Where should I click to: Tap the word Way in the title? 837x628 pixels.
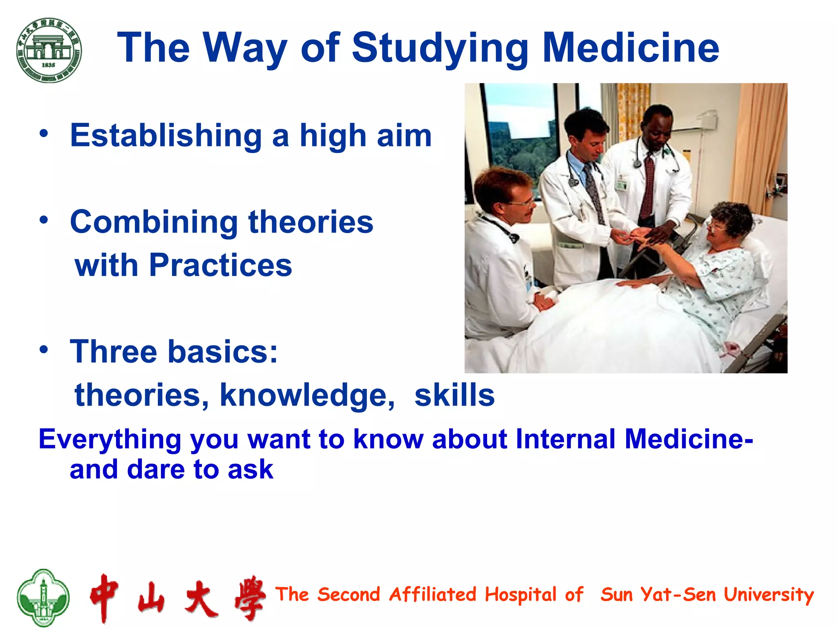click(x=245, y=48)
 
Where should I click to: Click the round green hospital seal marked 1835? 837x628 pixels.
click(x=49, y=50)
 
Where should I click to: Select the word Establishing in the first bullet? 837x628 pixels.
click(x=166, y=136)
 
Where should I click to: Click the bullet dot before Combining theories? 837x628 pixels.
click(x=44, y=220)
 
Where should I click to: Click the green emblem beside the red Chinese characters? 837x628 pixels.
click(x=43, y=597)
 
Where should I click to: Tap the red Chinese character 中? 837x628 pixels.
click(x=105, y=597)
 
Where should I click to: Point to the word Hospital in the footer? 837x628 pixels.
click(x=521, y=594)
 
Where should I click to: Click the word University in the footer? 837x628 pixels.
click(x=768, y=594)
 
